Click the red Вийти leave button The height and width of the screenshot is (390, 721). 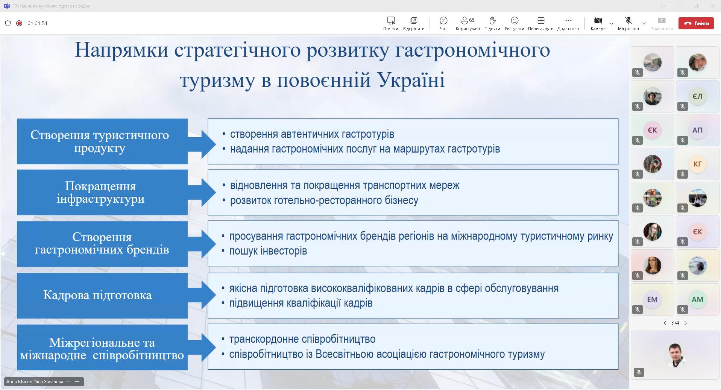click(696, 23)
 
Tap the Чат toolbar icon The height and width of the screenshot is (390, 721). click(443, 20)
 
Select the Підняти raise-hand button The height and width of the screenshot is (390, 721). click(492, 20)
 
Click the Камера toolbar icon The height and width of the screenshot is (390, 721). click(598, 20)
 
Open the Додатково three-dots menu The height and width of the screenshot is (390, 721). click(568, 20)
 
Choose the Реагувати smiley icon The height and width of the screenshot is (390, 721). click(515, 20)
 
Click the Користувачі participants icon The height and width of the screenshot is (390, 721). click(468, 20)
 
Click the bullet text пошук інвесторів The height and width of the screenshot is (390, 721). click(268, 251)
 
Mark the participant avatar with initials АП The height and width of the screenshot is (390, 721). click(697, 130)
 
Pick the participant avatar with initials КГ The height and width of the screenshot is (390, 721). click(697, 164)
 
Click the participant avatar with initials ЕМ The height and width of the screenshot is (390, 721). click(652, 299)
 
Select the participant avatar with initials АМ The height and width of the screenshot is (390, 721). click(697, 299)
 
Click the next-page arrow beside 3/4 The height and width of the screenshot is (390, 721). click(686, 323)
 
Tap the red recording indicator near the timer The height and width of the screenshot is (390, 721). click(19, 23)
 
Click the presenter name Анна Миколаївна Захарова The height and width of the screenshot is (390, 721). click(35, 382)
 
